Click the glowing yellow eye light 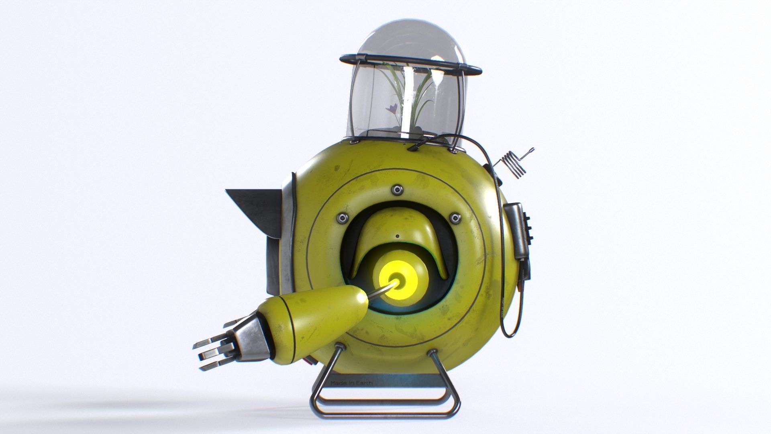(396, 279)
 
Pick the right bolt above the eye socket (455, 218)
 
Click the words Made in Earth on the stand (351, 383)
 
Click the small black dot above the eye (397, 236)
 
